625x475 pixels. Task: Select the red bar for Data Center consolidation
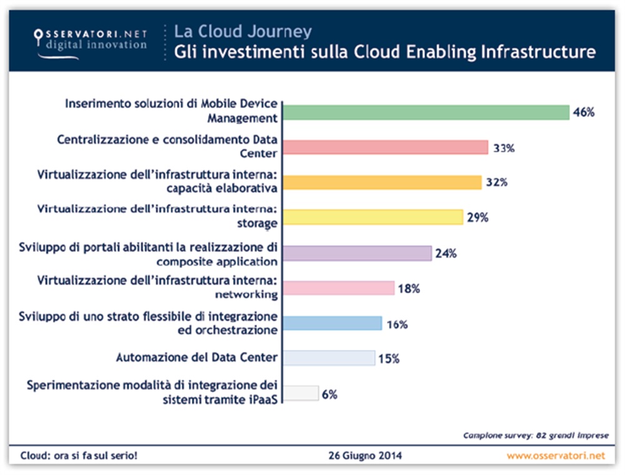coord(385,147)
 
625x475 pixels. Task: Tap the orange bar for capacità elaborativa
coord(382,182)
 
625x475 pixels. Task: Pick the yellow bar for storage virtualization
coord(372,217)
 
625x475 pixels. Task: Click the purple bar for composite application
coord(357,253)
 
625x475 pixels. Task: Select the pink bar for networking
coord(338,287)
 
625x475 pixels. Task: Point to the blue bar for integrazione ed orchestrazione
coord(332,323)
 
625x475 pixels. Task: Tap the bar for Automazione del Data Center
coord(329,357)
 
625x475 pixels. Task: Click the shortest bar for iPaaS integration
coord(301,393)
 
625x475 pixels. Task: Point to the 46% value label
coord(583,113)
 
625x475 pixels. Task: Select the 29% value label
coord(477,217)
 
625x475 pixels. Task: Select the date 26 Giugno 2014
coord(365,455)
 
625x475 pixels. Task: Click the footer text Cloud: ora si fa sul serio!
coord(79,455)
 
